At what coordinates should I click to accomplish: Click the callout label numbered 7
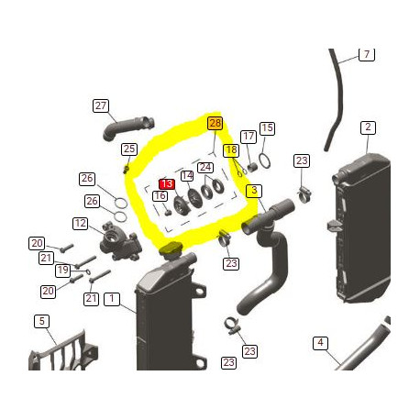coord(366,55)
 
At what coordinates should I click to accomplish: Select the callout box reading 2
coord(367,127)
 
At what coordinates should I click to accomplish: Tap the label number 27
coord(101,105)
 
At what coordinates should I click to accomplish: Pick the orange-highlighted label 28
coord(215,123)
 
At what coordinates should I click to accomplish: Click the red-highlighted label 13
coord(167,183)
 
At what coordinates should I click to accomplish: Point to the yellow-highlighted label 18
coord(231,149)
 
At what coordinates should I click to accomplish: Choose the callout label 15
coord(267,128)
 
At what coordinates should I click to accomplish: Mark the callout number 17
coord(248,136)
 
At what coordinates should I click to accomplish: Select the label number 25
coord(129,149)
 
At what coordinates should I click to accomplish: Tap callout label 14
coord(187,175)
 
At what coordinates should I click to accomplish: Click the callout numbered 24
coord(205,167)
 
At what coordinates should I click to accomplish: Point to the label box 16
coord(160,195)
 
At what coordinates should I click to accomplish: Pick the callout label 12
coord(81,223)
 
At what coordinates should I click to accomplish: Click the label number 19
coord(62,271)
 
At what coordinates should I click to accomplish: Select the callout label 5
coord(41,321)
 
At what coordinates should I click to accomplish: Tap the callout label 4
coord(320,343)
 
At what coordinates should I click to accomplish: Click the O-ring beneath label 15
coord(264,161)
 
